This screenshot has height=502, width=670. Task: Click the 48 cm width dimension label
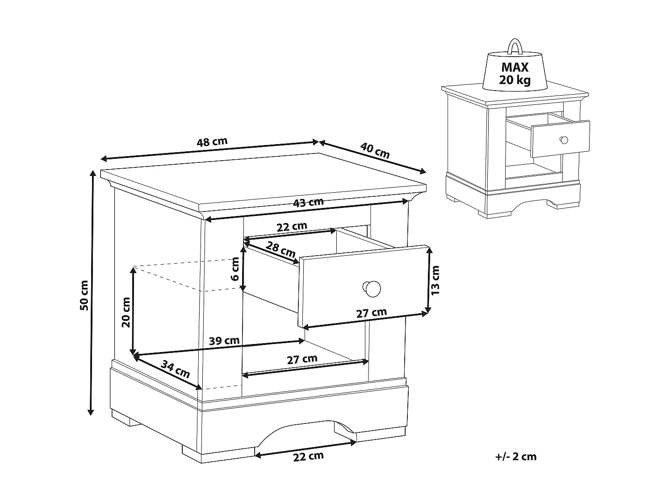pyautogui.click(x=212, y=142)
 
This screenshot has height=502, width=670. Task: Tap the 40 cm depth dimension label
pyautogui.click(x=375, y=150)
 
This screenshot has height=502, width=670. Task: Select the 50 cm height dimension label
pyautogui.click(x=84, y=295)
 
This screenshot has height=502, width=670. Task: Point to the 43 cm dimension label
pyautogui.click(x=308, y=203)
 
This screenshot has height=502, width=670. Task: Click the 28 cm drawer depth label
pyautogui.click(x=281, y=249)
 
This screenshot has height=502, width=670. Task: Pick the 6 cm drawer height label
pyautogui.click(x=235, y=269)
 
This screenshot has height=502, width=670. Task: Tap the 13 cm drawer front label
pyautogui.click(x=435, y=280)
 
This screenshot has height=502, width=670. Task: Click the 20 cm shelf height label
pyautogui.click(x=126, y=312)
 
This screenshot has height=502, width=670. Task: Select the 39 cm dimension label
pyautogui.click(x=224, y=341)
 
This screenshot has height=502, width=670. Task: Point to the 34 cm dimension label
pyautogui.click(x=176, y=369)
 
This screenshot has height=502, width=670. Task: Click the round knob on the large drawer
pyautogui.click(x=372, y=289)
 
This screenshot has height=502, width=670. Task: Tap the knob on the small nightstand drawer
pyautogui.click(x=564, y=140)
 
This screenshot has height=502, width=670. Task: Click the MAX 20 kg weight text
pyautogui.click(x=515, y=73)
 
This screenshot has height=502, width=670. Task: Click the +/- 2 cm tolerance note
pyautogui.click(x=516, y=456)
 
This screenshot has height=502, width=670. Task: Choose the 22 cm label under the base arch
pyautogui.click(x=308, y=456)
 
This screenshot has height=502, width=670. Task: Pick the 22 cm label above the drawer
pyautogui.click(x=292, y=227)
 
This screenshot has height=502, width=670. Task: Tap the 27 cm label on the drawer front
pyautogui.click(x=372, y=313)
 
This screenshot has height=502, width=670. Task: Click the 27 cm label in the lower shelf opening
pyautogui.click(x=302, y=359)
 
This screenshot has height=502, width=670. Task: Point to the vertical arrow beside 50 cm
pyautogui.click(x=92, y=293)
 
